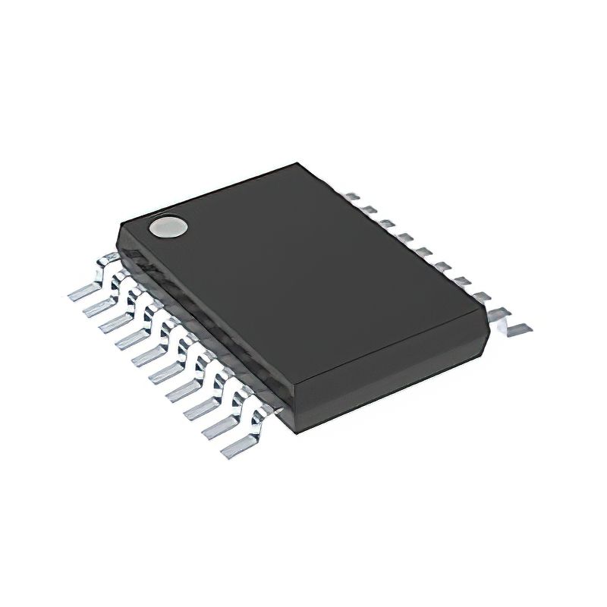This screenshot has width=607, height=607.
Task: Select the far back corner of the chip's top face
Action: point(299,162)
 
